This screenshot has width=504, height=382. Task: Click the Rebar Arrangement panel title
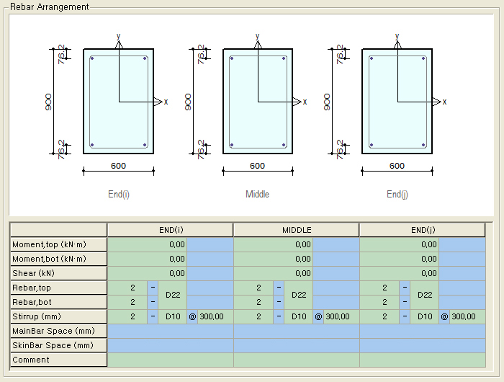click(49, 6)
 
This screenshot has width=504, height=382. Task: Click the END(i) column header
click(171, 230)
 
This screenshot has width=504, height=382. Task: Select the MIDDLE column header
click(297, 230)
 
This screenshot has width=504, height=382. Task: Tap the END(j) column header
click(423, 230)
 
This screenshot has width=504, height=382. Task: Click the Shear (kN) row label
click(33, 273)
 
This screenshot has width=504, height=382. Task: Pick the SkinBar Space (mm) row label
click(53, 345)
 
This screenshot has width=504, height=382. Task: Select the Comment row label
click(31, 360)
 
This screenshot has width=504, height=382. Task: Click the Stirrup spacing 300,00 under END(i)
click(212, 316)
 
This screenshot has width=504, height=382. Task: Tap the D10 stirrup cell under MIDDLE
click(299, 316)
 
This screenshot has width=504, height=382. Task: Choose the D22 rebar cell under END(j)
click(425, 295)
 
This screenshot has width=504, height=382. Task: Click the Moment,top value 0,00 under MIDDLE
click(303, 244)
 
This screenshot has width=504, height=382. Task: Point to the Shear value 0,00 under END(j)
click(429, 274)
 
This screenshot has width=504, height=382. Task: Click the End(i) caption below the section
click(119, 195)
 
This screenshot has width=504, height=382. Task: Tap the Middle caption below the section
click(257, 194)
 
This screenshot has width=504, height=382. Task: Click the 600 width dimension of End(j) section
click(397, 166)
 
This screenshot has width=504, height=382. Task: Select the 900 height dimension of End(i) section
click(48, 102)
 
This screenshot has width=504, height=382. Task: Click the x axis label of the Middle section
click(305, 102)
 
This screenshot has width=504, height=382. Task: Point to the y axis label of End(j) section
click(397, 36)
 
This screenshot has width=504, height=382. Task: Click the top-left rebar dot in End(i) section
click(92, 58)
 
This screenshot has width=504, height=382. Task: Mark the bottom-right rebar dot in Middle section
click(284, 145)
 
